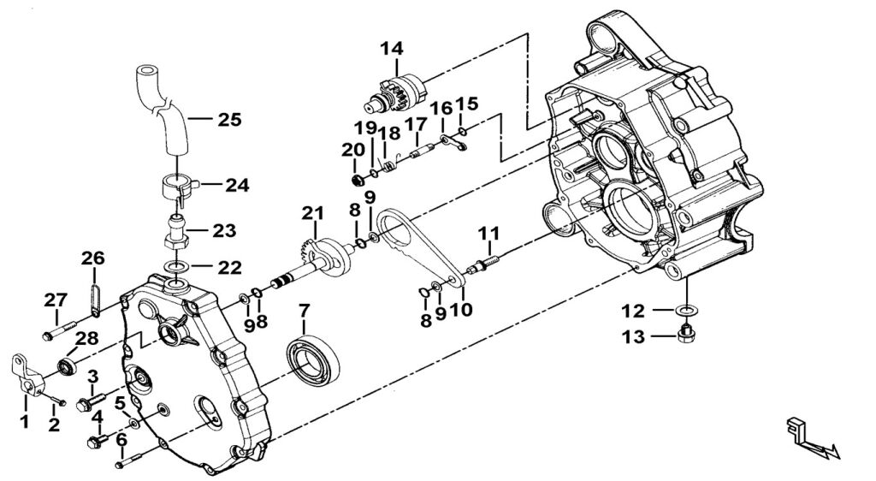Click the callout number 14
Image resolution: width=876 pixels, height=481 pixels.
[392, 49]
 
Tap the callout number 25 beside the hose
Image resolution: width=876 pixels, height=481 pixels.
[229, 119]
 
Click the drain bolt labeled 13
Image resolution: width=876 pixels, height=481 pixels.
[685, 334]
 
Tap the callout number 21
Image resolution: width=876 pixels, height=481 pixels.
[313, 213]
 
